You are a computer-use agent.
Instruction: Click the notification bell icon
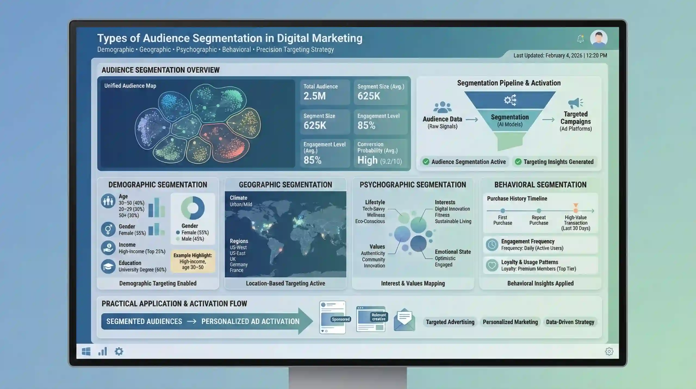pyautogui.click(x=580, y=39)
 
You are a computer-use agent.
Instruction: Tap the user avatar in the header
pyautogui.click(x=599, y=38)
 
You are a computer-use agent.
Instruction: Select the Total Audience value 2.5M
pyautogui.click(x=315, y=96)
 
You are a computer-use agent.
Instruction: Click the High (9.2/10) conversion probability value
pyautogui.click(x=380, y=160)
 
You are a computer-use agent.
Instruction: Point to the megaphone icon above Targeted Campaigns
pyautogui.click(x=575, y=103)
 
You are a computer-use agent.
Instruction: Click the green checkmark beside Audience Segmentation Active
pyautogui.click(x=426, y=162)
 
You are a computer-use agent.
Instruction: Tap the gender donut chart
pyautogui.click(x=192, y=208)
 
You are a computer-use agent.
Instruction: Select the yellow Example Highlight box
pyautogui.click(x=193, y=261)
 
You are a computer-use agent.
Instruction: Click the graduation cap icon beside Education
pyautogui.click(x=108, y=266)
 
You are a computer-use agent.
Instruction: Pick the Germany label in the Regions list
pyautogui.click(x=238, y=264)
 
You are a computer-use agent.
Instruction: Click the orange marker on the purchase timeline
pyautogui.click(x=576, y=208)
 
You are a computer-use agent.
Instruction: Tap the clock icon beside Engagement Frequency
pyautogui.click(x=492, y=245)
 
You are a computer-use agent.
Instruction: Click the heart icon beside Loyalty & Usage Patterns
pyautogui.click(x=492, y=265)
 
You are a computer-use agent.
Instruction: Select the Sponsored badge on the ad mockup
pyautogui.click(x=341, y=319)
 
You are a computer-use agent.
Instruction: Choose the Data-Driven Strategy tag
pyautogui.click(x=570, y=322)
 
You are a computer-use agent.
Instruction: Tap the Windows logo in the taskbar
pyautogui.click(x=86, y=351)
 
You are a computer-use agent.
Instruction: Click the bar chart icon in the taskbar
pyautogui.click(x=102, y=351)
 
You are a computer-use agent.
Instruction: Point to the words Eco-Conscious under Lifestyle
pyautogui.click(x=370, y=221)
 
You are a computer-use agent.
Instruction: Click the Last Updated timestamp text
pyautogui.click(x=560, y=55)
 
